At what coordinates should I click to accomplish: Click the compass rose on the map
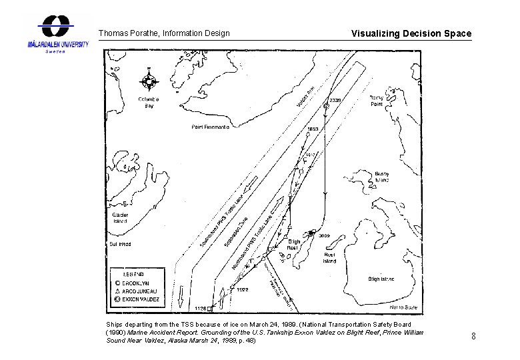[x=149, y=82]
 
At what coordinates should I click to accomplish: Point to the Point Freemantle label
[x=211, y=126]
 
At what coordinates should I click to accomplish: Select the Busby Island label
[x=381, y=177]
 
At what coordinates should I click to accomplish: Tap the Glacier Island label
[x=121, y=217]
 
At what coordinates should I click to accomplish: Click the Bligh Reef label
[x=292, y=245]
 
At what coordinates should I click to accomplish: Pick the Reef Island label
[x=329, y=258]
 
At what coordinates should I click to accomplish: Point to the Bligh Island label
[x=382, y=279]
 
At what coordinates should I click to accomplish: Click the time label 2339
[x=335, y=100]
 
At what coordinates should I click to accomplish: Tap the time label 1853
[x=313, y=129]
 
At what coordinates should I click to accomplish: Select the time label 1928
[x=242, y=289]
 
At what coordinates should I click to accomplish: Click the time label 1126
[x=200, y=309]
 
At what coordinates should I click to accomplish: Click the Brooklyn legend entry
[x=139, y=283]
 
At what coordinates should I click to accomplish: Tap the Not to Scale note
[x=402, y=307]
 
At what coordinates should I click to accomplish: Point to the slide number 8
[x=473, y=336]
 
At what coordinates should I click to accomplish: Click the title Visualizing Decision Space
[x=411, y=33]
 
